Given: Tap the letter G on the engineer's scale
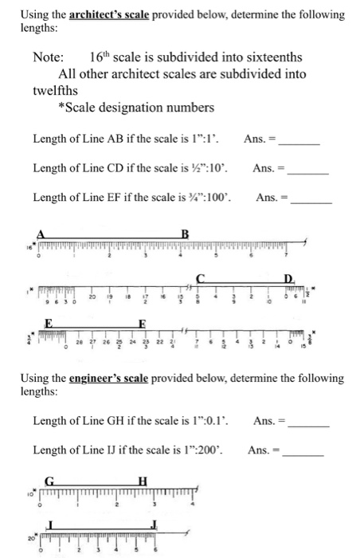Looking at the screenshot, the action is (49, 480).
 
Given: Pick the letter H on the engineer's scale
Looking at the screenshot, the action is (143, 480).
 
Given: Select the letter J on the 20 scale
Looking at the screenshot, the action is (156, 523).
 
